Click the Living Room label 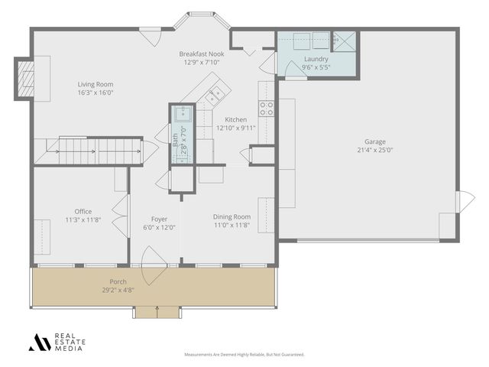pos(96,84)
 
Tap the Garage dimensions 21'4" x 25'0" pos(374,150)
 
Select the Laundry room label pos(316,59)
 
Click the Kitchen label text pos(235,120)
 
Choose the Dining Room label pos(232,217)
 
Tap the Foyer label pos(159,219)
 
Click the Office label pos(83,212)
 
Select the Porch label pos(118,281)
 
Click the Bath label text pos(175,140)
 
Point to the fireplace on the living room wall pos(27,79)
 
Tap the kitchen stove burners pos(267,109)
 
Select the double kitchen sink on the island pos(215,95)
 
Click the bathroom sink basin pos(183,115)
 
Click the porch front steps pos(157,312)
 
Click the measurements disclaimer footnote pos(244,355)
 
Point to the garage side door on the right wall pos(464,202)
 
